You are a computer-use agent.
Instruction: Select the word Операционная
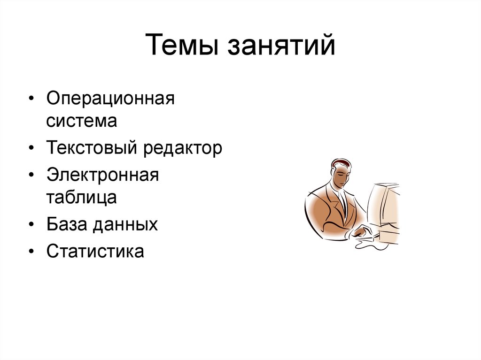[x=110, y=100]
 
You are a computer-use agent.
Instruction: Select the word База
[x=66, y=224]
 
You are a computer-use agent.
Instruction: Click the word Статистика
[x=95, y=252]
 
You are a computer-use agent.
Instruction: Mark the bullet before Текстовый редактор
[x=31, y=149]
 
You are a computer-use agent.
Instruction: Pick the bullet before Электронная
[x=31, y=176]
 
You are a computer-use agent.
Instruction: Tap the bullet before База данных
[x=31, y=225]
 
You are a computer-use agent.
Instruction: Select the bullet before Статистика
[x=31, y=252]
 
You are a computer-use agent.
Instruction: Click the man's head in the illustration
[x=340, y=172]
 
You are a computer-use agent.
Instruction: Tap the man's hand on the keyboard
[x=362, y=232]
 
